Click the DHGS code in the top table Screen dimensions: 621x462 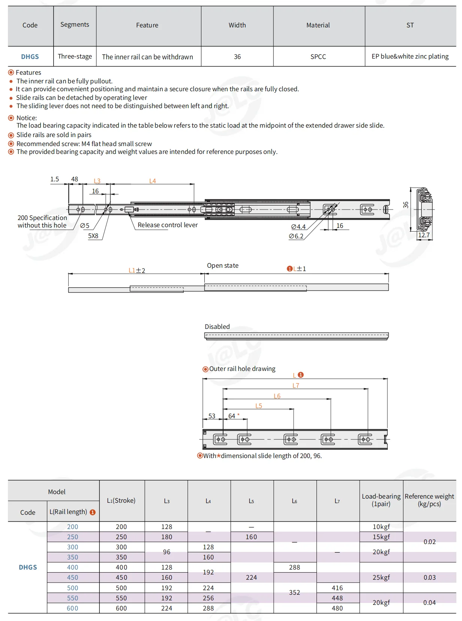tap(30, 57)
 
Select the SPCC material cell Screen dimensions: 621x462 tap(318, 57)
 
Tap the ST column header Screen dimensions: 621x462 tap(410, 25)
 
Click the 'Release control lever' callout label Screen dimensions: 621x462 tap(167, 225)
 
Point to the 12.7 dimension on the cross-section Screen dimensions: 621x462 tap(424, 235)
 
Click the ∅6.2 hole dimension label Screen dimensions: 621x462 tap(296, 236)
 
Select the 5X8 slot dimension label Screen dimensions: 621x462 tap(93, 236)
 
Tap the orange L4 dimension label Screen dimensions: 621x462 tap(152, 181)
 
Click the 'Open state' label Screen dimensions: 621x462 tap(222, 265)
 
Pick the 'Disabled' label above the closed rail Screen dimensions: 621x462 tap(217, 327)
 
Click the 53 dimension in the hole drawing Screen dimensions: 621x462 tap(212, 416)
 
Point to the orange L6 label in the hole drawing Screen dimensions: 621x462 tap(277, 396)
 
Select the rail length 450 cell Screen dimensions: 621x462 tap(72, 577)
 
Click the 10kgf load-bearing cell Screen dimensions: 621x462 tap(381, 527)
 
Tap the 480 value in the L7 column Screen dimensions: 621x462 tap(337, 608)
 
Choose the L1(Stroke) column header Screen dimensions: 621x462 tap(121, 500)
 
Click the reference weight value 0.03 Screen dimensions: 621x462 tap(429, 577)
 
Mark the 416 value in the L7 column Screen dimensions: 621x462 tap(337, 588)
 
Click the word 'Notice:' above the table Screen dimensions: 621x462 tap(27, 118)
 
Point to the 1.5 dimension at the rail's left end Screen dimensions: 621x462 tap(55, 179)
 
